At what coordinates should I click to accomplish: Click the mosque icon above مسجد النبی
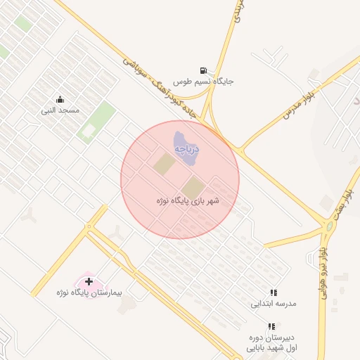pyautogui.click(x=60, y=99)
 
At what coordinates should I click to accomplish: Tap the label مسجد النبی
pyautogui.click(x=60, y=110)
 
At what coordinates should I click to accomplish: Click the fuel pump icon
pyautogui.click(x=203, y=70)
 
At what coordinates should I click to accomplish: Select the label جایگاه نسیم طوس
pyautogui.click(x=203, y=81)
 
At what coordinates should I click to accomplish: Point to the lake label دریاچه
pyautogui.click(x=186, y=149)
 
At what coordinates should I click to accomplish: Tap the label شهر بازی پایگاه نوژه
pyautogui.click(x=188, y=201)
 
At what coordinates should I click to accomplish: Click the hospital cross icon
pyautogui.click(x=89, y=281)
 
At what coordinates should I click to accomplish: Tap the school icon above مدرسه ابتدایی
pyautogui.click(x=274, y=292)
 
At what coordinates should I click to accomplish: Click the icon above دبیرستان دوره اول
pyautogui.click(x=271, y=326)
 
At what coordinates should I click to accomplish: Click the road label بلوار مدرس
pyautogui.click(x=299, y=103)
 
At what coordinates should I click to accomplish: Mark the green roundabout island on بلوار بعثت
pyautogui.click(x=329, y=226)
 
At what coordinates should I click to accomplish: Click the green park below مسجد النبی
pyautogui.click(x=96, y=122)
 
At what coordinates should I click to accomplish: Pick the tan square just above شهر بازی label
pyautogui.click(x=192, y=187)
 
